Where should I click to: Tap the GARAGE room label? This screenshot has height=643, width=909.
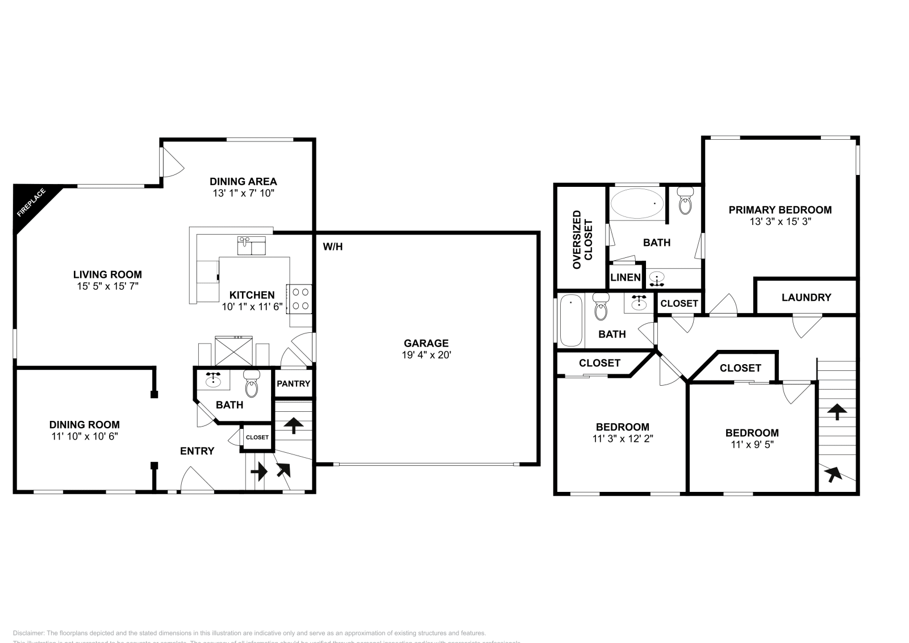[426, 343]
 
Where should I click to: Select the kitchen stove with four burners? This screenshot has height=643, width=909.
[299, 299]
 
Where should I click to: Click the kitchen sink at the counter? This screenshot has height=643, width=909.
[251, 246]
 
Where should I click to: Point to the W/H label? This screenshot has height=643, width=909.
[332, 247]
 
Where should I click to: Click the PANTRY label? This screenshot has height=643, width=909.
[293, 383]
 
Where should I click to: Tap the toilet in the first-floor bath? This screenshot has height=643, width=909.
[252, 385]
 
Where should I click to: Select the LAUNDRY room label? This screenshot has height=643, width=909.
[806, 297]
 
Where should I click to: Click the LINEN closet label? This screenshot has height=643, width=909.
[626, 277]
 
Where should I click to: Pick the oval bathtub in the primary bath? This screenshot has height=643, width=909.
[636, 203]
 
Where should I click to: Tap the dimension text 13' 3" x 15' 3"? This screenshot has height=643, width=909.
[779, 222]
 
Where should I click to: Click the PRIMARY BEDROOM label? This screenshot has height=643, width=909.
[779, 210]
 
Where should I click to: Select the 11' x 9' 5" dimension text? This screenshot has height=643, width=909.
[752, 445]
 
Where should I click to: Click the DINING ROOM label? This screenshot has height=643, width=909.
[84, 424]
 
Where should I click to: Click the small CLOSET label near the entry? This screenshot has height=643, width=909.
[257, 437]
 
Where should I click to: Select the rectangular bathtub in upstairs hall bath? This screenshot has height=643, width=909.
[570, 320]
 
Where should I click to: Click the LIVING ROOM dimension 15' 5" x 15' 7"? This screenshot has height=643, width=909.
[107, 287]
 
